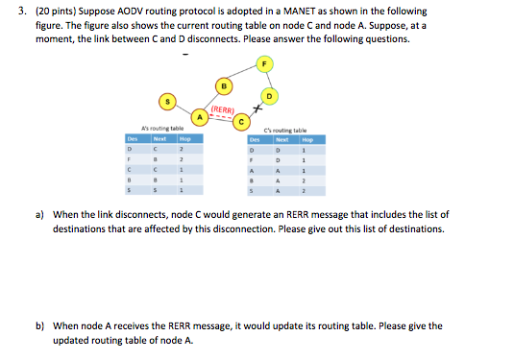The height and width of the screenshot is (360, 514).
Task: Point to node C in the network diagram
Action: [x=243, y=122]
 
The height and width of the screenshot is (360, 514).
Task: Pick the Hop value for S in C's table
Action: [x=304, y=192]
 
